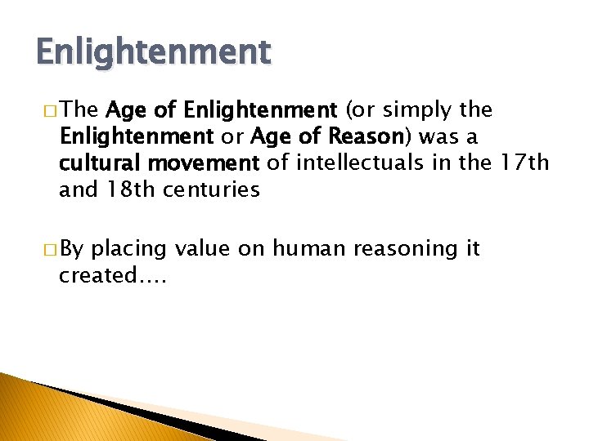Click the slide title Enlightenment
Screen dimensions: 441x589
153,52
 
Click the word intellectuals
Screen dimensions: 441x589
364,163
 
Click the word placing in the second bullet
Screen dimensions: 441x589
131,249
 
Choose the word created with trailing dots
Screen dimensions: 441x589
112,275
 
